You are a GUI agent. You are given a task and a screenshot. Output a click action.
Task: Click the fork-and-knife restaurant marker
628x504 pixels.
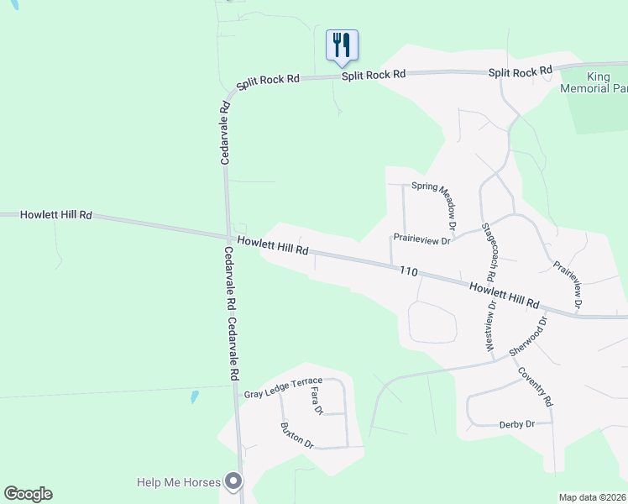tap(342, 45)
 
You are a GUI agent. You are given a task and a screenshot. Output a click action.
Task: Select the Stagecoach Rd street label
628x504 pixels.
tap(488, 252)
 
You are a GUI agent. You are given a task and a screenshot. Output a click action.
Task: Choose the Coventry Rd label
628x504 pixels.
tap(535, 387)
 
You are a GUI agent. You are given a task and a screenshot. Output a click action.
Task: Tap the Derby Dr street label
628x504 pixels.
tap(516, 424)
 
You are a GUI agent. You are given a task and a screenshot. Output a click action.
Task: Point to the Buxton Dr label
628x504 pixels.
tap(296, 434)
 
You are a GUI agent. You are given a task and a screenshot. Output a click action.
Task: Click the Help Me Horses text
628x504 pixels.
tap(179, 482)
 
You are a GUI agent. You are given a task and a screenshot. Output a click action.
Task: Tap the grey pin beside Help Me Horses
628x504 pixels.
tap(234, 481)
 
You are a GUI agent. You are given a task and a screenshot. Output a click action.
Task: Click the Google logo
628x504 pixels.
tap(28, 494)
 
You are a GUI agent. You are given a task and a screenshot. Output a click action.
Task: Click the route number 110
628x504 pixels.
tap(409, 270)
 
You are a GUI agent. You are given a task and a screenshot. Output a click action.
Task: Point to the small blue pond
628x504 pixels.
tap(195, 396)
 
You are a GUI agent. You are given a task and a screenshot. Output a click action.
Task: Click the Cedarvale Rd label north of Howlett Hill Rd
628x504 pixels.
tap(225, 133)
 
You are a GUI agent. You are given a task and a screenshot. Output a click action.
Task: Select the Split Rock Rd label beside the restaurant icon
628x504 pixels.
tap(374, 75)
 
